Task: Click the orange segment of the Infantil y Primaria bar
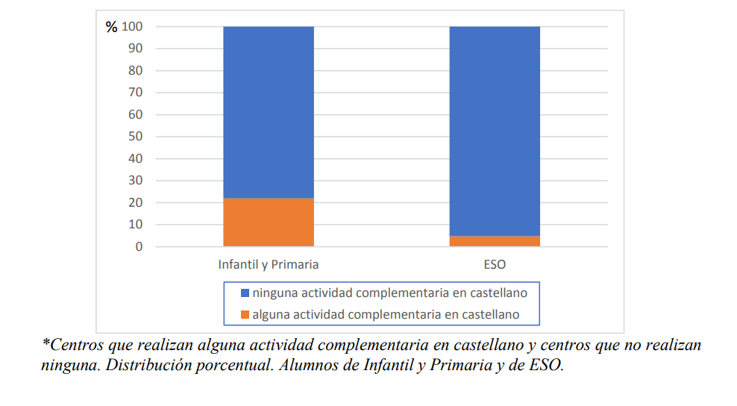268,222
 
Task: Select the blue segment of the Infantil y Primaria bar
268,112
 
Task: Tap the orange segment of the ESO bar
494,241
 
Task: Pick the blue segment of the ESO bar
494,131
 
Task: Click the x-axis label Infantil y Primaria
268,264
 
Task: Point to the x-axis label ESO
494,264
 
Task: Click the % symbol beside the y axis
111,28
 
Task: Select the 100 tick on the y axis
133,27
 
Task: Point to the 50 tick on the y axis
136,137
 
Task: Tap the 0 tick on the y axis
139,247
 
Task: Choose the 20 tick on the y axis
136,203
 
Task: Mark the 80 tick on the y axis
136,71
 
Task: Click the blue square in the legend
245,293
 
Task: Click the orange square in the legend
245,315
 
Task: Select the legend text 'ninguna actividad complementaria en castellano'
389,293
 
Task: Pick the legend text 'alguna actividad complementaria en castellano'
386,315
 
